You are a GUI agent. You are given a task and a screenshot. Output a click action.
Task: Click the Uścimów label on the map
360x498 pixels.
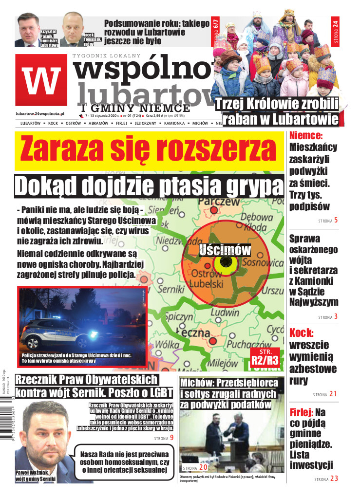[x=225, y=250]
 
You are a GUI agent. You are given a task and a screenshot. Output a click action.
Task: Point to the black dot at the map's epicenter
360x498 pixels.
[x=225, y=262]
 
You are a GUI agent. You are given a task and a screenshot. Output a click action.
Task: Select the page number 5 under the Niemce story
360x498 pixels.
[x=336, y=220]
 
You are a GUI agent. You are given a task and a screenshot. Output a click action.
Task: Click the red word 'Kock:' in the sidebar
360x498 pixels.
[x=302, y=333]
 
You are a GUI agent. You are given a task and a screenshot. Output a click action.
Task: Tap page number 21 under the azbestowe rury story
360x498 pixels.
[x=333, y=394]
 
